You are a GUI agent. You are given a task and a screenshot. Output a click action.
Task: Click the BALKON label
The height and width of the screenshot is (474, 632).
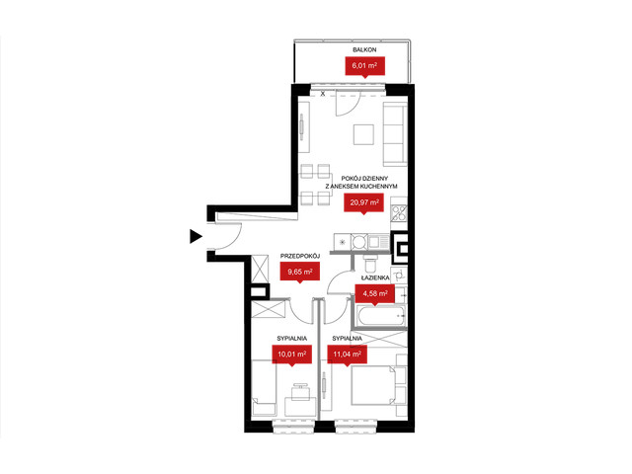coord(364,50)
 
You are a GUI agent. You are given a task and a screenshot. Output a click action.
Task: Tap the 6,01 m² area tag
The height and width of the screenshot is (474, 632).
coord(364,66)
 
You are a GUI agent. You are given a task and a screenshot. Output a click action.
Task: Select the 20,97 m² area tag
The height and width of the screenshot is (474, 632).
coord(364,203)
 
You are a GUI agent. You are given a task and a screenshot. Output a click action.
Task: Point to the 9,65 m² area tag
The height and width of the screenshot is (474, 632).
coord(300,273)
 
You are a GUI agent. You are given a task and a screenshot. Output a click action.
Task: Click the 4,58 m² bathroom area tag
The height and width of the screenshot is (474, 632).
coord(375,294)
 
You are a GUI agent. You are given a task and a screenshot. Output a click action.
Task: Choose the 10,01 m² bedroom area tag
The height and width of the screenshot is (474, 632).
coord(292,355)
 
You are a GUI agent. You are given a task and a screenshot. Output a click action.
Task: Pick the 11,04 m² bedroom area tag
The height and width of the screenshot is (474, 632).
coord(347,355)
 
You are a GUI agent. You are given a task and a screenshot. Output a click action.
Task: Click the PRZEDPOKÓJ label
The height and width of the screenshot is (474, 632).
coord(300,256)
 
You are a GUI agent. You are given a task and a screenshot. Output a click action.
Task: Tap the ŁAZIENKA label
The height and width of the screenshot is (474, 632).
coord(375,277)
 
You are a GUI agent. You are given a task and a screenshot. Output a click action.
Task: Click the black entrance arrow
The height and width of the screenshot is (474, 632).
coord(196,236)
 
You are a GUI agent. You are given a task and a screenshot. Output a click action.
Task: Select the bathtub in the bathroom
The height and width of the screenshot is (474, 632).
coord(378,316)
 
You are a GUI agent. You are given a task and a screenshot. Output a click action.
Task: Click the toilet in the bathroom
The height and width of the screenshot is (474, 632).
coord(369,264)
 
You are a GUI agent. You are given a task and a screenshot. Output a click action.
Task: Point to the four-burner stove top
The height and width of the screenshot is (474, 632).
coord(399,213)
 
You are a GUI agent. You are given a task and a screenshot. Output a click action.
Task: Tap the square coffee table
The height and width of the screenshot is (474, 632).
coord(363,134)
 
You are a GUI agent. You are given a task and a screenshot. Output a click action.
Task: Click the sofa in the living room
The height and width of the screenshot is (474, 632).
coord(395,134)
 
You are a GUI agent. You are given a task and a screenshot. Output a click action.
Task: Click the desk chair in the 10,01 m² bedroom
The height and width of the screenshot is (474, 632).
coord(300,391)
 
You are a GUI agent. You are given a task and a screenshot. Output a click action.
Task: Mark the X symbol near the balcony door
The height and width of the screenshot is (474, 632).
coord(323,94)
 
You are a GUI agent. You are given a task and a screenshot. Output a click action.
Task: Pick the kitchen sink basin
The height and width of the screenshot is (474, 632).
coord(373,242)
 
